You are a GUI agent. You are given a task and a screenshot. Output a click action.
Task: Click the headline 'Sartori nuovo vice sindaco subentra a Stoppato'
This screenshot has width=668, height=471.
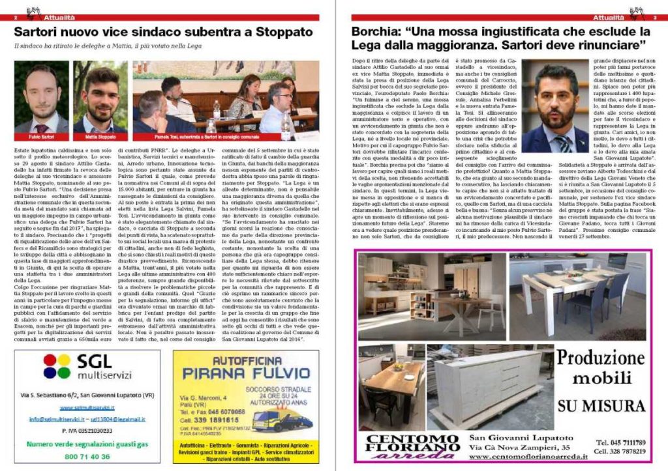pyautogui.click(x=163, y=32)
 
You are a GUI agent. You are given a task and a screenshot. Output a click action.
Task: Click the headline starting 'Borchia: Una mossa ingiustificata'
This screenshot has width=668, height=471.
pyautogui.click(x=498, y=38)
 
